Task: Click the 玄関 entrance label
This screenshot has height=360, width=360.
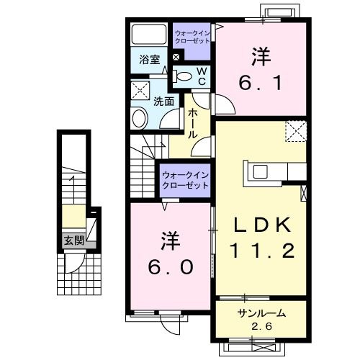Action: click(x=70, y=240)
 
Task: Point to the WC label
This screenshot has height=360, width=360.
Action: click(x=202, y=76)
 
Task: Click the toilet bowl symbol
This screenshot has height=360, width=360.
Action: click(x=184, y=76)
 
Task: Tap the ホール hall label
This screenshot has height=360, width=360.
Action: click(x=193, y=124)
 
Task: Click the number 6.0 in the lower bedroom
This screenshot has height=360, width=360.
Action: click(x=171, y=266)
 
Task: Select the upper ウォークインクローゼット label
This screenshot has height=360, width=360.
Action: click(x=192, y=37)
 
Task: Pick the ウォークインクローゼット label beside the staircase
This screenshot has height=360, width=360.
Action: click(x=185, y=180)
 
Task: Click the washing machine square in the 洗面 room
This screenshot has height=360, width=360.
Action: click(x=140, y=91)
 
